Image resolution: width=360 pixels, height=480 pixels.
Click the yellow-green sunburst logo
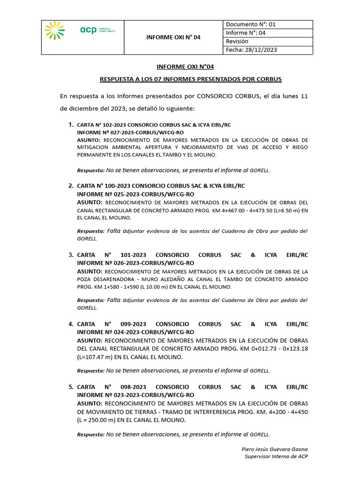(x=55, y=30)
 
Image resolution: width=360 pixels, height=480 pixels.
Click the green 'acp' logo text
(x=88, y=30)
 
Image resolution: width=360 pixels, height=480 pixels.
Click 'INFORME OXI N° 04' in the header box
(x=173, y=37)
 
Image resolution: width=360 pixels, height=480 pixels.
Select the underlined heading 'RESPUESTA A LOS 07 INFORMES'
(x=191, y=79)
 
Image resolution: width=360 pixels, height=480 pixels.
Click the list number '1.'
(x=71, y=125)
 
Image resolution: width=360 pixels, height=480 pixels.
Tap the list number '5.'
(x=71, y=387)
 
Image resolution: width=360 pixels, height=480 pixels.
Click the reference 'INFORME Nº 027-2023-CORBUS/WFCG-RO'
(x=130, y=133)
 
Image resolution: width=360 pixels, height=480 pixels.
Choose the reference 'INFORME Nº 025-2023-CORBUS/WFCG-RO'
(x=135, y=194)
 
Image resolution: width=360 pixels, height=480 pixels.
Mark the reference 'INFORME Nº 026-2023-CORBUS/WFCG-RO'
(x=135, y=263)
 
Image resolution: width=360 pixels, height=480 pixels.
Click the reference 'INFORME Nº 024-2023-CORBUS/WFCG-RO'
(x=135, y=332)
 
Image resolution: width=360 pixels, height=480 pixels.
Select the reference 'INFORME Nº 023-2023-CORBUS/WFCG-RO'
(x=135, y=395)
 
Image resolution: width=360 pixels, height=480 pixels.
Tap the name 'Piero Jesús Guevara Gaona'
(x=275, y=449)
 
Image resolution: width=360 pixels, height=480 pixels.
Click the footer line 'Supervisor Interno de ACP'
(x=276, y=457)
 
